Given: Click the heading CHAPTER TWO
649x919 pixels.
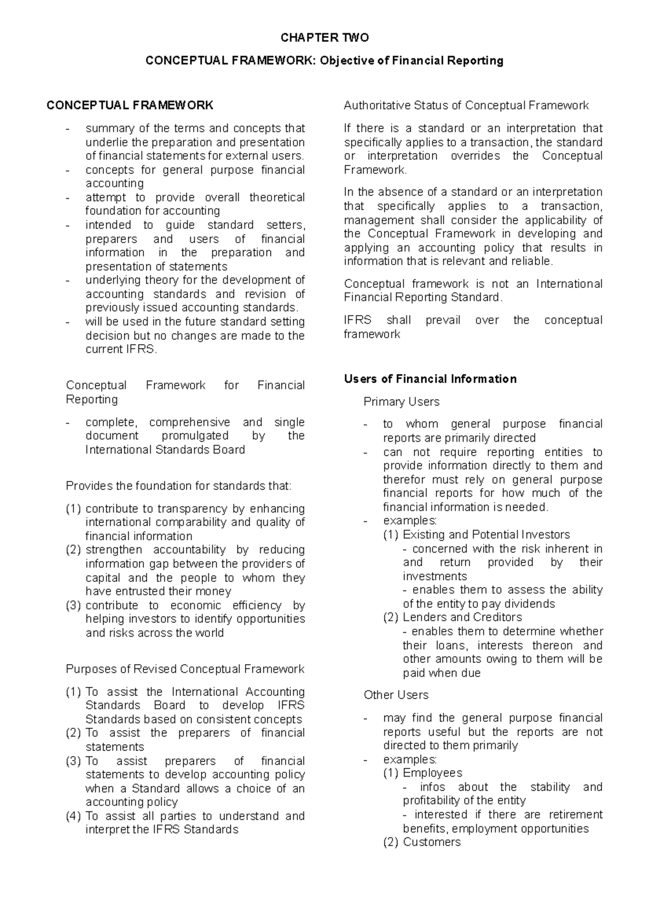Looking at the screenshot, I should coord(325,37).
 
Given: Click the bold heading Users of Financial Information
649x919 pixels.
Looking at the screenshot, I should coord(430,379).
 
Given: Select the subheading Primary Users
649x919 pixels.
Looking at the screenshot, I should coord(401,402).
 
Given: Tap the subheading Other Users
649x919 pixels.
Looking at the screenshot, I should coord(396,695).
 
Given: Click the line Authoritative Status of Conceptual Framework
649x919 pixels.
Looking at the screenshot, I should coord(466,106).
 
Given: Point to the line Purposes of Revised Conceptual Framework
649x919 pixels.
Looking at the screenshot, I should coord(185,669).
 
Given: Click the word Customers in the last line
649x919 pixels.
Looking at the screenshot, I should coord(432,842).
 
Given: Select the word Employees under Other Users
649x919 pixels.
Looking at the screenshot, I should coord(432,773).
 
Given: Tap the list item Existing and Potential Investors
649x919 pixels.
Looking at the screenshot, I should coord(486,535).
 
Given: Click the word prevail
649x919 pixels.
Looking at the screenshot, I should coord(443,320).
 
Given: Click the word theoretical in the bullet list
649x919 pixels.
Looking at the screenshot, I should coord(277,198).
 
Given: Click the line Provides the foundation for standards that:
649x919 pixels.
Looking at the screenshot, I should coord(178,486).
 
